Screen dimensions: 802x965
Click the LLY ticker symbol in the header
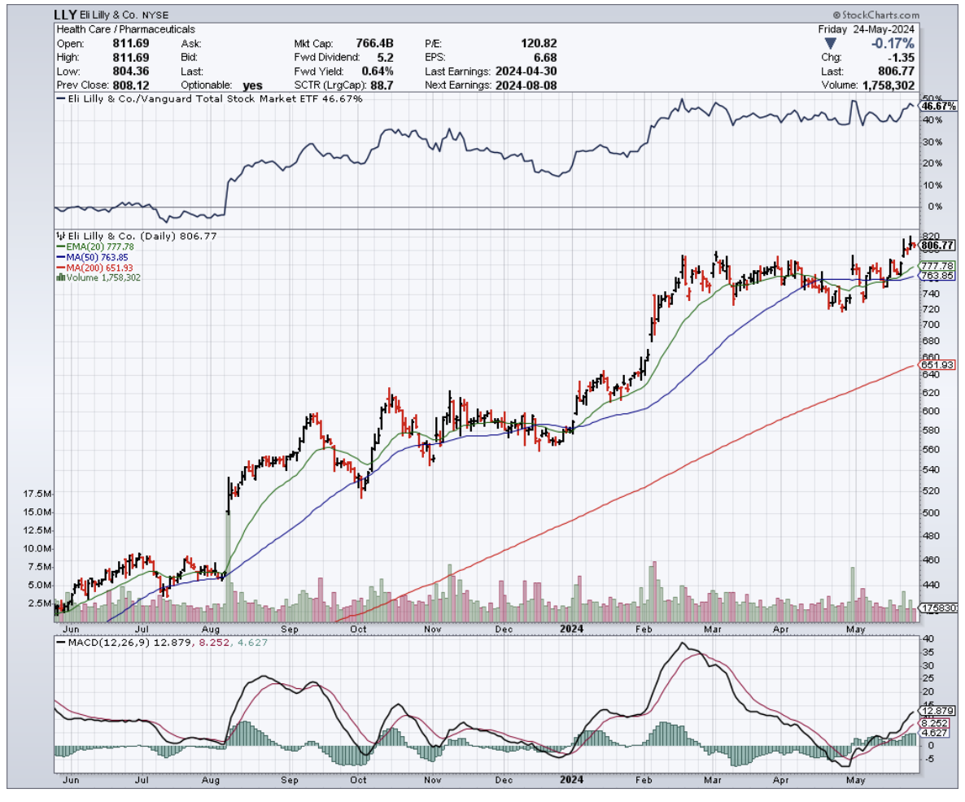[x=65, y=15]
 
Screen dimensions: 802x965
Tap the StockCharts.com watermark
[x=875, y=15]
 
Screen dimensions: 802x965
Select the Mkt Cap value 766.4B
[x=378, y=43]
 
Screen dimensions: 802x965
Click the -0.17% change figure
[x=893, y=43]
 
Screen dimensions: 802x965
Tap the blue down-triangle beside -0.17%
[x=830, y=43]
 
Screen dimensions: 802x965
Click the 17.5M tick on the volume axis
[x=39, y=494]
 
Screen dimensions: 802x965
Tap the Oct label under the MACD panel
[x=358, y=778]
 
